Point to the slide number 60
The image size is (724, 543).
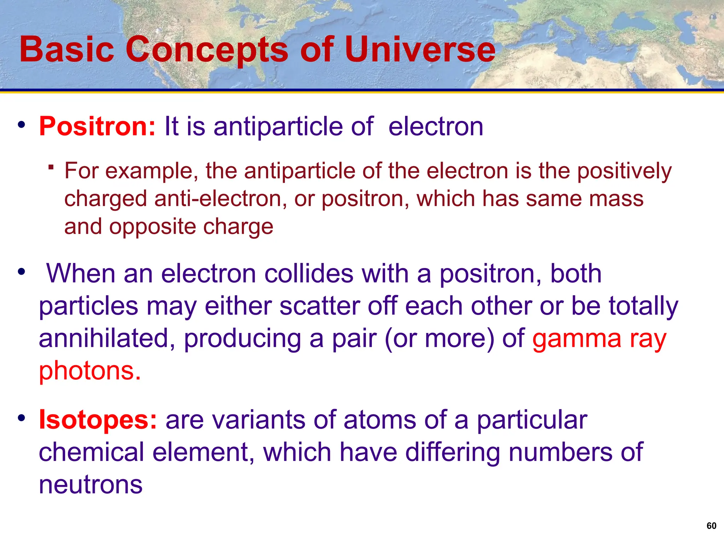pyautogui.click(x=711, y=526)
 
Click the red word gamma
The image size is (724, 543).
pyautogui.click(x=577, y=338)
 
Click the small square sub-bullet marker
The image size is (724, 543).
pyautogui.click(x=51, y=167)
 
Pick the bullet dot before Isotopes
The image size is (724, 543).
pyautogui.click(x=22, y=418)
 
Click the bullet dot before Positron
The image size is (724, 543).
pyautogui.click(x=22, y=125)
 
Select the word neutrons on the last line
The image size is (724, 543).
pyautogui.click(x=90, y=485)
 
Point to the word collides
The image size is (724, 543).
pyautogui.click(x=309, y=274)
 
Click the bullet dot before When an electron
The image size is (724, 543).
pyautogui.click(x=22, y=272)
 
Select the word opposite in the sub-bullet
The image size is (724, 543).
pyautogui.click(x=152, y=227)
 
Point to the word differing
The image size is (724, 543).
pyautogui.click(x=452, y=452)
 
